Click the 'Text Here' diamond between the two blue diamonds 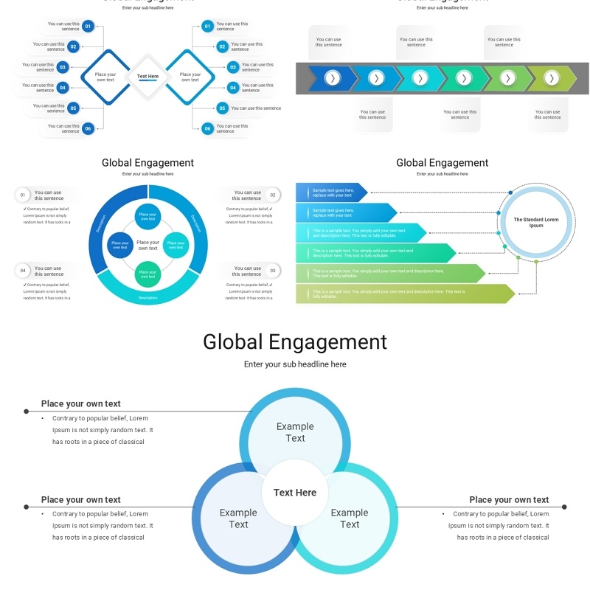tap(147, 77)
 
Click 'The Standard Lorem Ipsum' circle tap(536, 223)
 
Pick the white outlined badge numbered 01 tap(23, 195)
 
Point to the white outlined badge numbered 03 tap(273, 271)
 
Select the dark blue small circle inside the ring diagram tap(119, 243)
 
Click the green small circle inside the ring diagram tap(147, 274)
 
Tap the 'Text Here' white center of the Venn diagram tap(295, 493)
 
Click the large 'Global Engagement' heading tap(295, 342)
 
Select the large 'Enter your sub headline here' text tap(295, 364)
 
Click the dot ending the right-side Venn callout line tap(565, 507)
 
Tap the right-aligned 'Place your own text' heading tap(509, 500)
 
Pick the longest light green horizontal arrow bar tap(405, 294)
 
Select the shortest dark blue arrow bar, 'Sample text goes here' tap(331, 192)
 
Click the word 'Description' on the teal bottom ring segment tap(147, 298)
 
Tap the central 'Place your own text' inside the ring tap(147, 245)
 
